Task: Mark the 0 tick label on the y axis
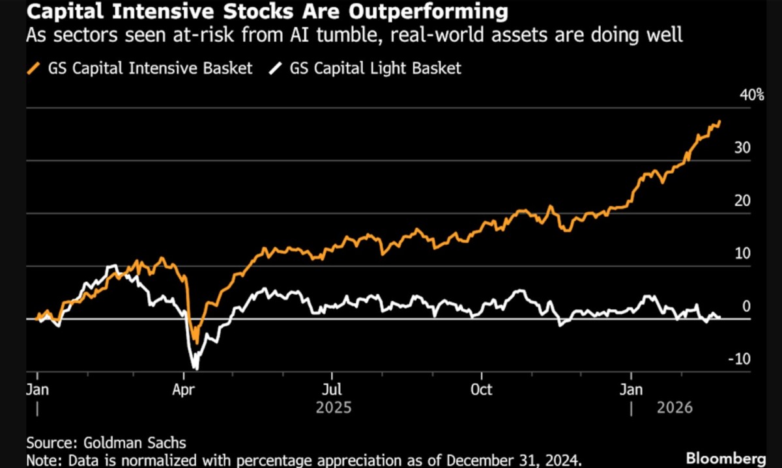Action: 747,307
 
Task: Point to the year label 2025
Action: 334,408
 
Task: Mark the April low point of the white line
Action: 194,369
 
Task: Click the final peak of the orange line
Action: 719,121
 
